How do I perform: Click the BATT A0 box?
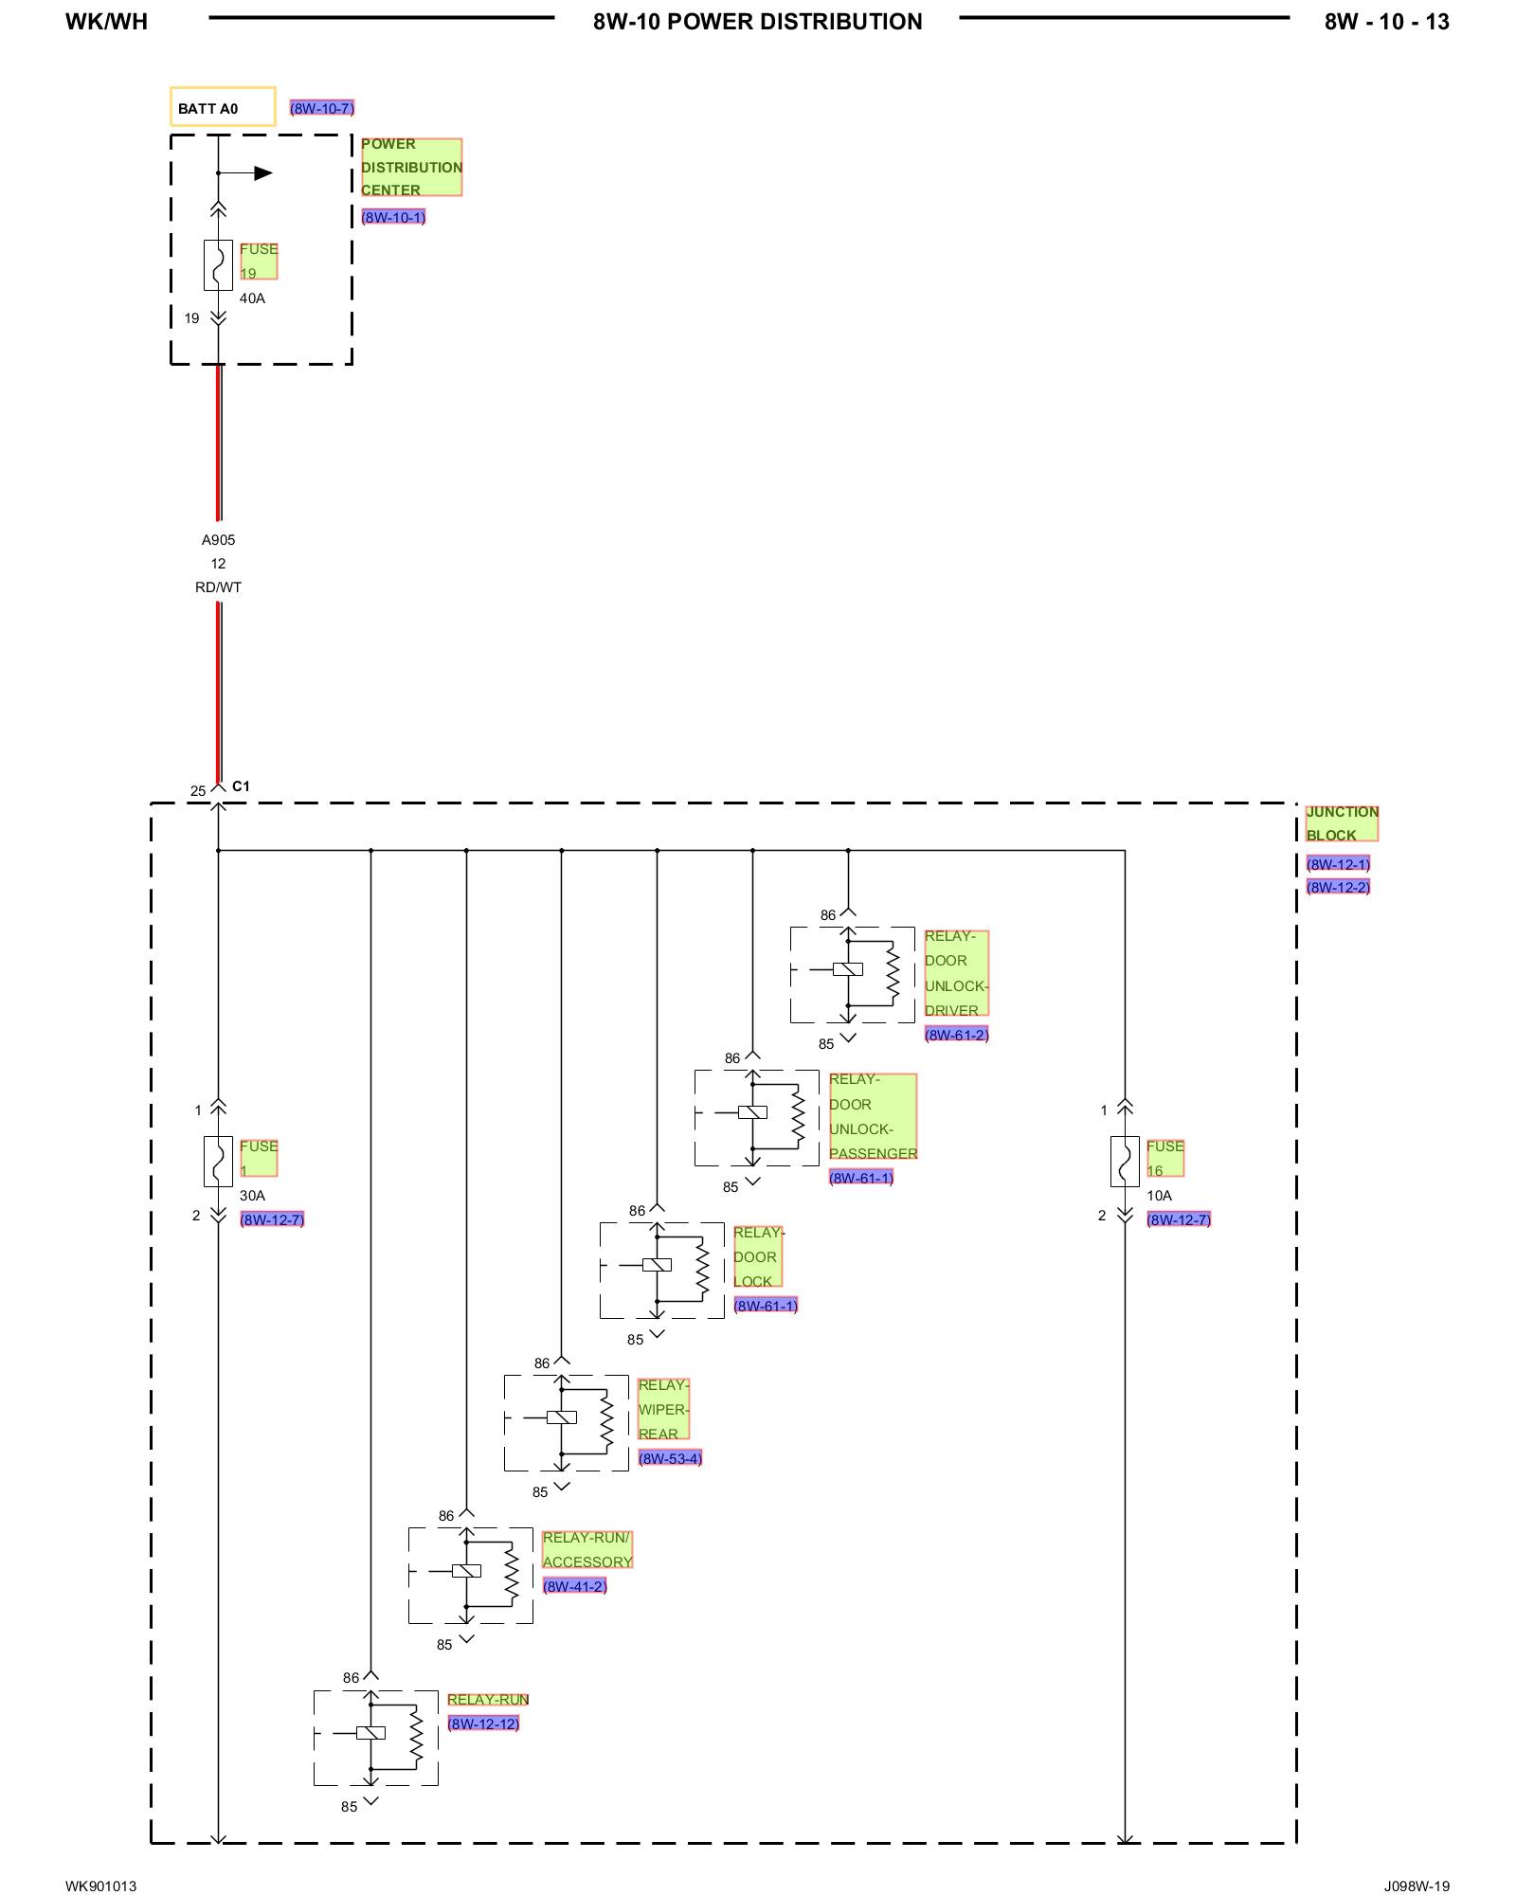(x=223, y=107)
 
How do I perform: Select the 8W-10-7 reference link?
(x=322, y=108)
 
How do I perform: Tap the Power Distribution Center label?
(x=411, y=167)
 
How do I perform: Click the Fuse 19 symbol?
(x=218, y=265)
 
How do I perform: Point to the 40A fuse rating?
(x=252, y=298)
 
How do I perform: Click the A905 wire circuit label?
(x=218, y=540)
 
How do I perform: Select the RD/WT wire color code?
(x=218, y=587)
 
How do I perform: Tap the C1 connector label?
(x=241, y=786)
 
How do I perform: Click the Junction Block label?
(x=1342, y=823)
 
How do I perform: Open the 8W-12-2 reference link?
(x=1338, y=888)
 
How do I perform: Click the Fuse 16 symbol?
(x=1125, y=1162)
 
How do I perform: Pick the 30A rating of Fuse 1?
(x=252, y=1196)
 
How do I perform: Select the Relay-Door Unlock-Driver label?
(x=956, y=973)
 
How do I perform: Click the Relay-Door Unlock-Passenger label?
(x=873, y=1116)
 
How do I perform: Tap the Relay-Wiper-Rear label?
(x=663, y=1409)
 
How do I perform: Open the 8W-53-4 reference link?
(x=670, y=1458)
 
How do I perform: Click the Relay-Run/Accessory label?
(x=587, y=1549)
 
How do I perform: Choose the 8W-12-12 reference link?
(x=483, y=1724)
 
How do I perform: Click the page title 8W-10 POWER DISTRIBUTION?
(x=757, y=22)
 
